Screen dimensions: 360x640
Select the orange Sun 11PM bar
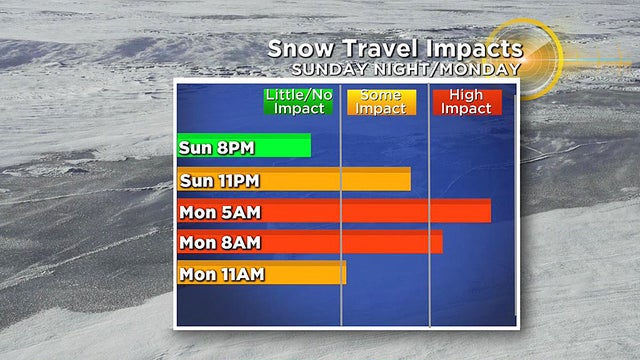[x=330, y=180]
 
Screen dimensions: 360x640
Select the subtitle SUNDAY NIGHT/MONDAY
[x=404, y=70]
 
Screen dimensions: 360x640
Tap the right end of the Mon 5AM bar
[x=487, y=211]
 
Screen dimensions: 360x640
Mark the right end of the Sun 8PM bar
[x=307, y=147]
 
